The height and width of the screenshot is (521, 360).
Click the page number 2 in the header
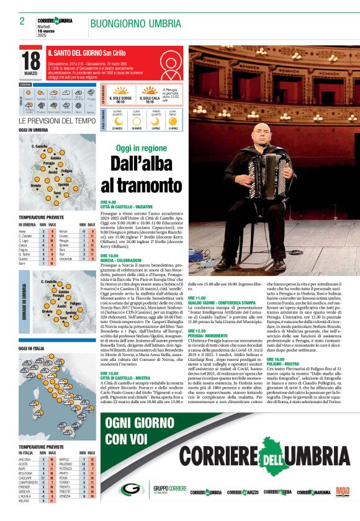[x=22, y=21]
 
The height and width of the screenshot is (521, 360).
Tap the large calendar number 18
[x=31, y=61]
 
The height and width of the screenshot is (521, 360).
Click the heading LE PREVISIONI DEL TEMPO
[x=57, y=120]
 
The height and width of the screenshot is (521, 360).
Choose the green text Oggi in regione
[x=141, y=148]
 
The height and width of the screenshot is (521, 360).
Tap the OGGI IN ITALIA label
[x=33, y=349]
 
